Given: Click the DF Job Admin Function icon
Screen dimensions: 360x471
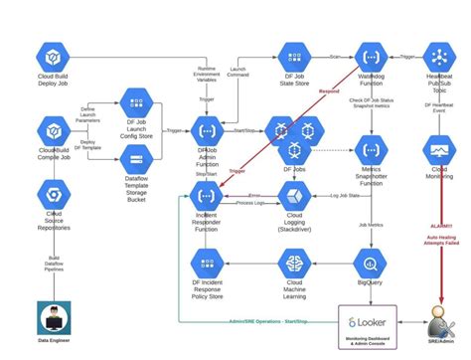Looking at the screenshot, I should point(206,130).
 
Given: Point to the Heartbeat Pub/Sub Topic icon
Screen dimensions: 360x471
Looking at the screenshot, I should point(438,56).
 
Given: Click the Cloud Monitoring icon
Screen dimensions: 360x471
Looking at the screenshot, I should point(438,149).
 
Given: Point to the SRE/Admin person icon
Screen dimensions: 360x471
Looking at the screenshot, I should point(438,320).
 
